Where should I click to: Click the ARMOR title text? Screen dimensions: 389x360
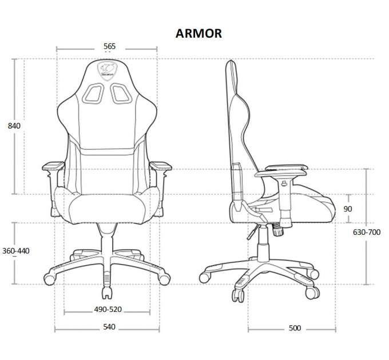(199, 34)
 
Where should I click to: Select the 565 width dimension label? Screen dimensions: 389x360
(109, 46)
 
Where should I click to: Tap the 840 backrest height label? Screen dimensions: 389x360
(14, 126)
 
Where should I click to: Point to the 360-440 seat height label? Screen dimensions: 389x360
(16, 251)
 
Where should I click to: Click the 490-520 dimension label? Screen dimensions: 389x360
(108, 310)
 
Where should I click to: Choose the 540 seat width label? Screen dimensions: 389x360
(109, 327)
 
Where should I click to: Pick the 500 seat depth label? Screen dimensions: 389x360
(295, 328)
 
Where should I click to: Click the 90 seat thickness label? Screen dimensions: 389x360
(348, 209)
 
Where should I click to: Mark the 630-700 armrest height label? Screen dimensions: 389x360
(367, 232)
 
